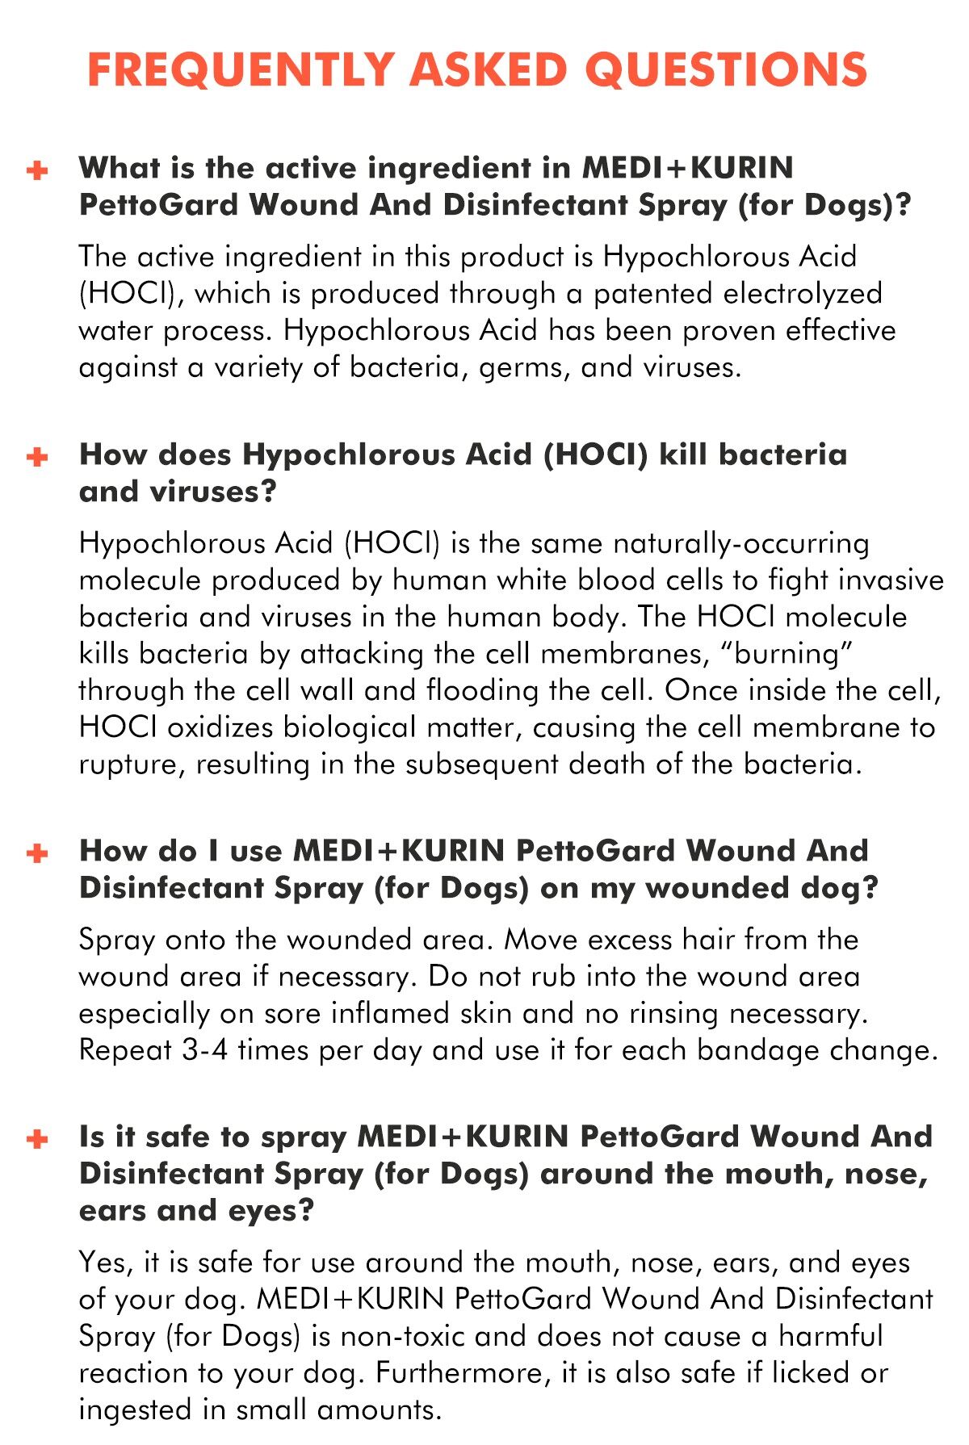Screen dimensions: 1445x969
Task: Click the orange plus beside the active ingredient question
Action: tap(37, 170)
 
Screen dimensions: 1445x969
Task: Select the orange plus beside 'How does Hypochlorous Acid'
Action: tap(37, 457)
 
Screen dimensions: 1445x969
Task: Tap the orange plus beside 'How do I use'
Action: tap(37, 853)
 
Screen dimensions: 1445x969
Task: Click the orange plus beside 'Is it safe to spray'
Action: tap(37, 1139)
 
